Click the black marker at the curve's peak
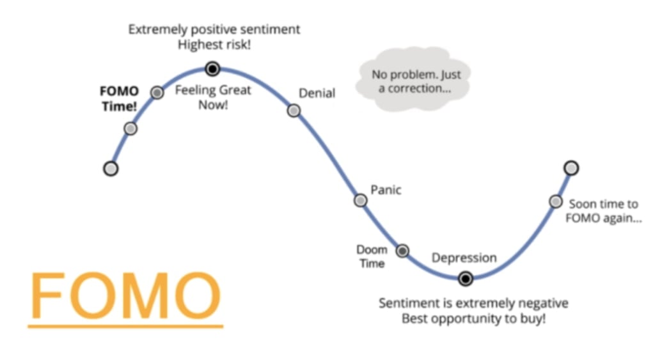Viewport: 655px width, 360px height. tap(212, 68)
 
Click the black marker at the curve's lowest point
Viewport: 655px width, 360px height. tap(466, 278)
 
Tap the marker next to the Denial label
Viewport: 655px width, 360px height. tap(294, 111)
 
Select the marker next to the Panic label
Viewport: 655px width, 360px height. tap(361, 201)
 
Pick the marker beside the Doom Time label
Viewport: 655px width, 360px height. tap(402, 251)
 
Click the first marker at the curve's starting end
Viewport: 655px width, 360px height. tap(111, 169)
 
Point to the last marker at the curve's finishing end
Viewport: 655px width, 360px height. tap(571, 168)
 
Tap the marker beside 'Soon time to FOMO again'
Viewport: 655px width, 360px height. tap(556, 201)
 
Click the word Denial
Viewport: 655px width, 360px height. tap(317, 93)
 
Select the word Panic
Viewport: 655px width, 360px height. tap(386, 190)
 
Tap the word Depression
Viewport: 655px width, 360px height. tap(464, 258)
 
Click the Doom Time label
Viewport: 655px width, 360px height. tap(372, 256)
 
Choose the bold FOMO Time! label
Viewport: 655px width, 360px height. tap(119, 98)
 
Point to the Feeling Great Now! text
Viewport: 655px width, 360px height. tap(213, 97)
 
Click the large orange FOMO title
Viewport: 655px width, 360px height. tap(125, 295)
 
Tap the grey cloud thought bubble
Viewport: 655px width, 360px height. tap(413, 79)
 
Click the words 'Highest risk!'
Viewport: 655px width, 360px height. tap(214, 44)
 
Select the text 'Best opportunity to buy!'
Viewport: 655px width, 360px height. tap(474, 318)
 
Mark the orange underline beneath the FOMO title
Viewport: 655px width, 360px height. tap(125, 325)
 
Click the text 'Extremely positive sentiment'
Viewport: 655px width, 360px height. tap(214, 29)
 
